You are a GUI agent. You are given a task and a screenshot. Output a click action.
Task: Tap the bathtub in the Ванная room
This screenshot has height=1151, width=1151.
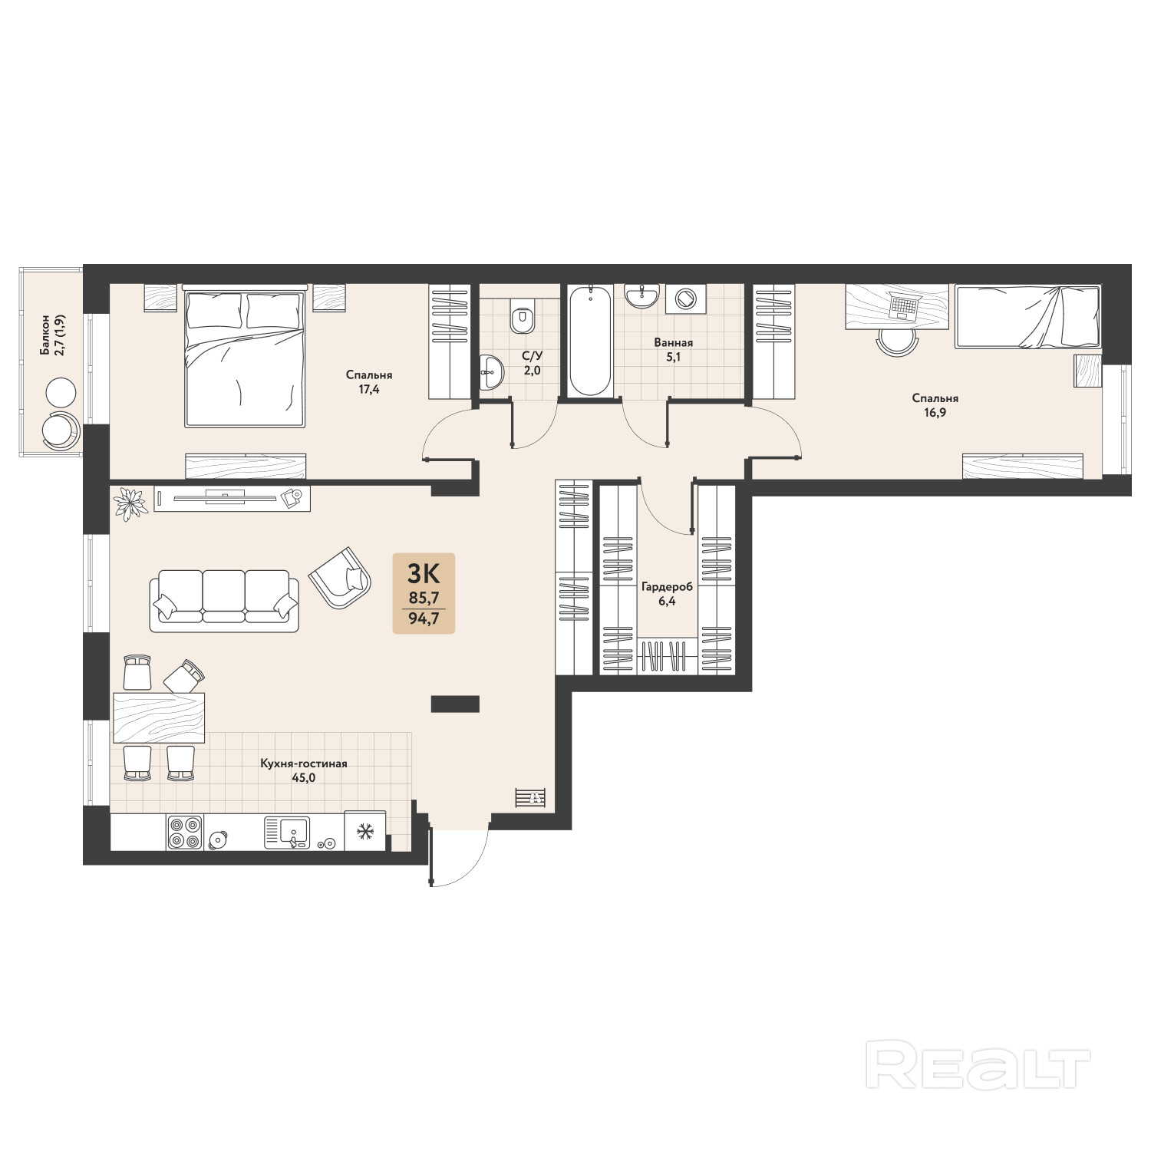coord(590,341)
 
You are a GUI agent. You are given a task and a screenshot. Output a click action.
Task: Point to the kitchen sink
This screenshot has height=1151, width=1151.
coord(287,833)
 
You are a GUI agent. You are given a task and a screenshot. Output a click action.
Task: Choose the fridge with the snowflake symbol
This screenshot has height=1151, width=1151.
coord(365,830)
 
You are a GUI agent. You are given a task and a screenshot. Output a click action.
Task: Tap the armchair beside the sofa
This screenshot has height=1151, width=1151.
coord(340,579)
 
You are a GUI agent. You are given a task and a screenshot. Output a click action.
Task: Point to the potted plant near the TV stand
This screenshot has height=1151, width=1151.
coord(130,503)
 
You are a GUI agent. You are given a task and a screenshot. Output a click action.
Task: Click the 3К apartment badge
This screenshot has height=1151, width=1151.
coord(424,593)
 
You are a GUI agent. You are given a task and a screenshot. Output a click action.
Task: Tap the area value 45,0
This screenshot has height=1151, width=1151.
coord(304,777)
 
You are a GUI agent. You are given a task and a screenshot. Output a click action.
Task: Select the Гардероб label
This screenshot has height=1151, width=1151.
coord(667,587)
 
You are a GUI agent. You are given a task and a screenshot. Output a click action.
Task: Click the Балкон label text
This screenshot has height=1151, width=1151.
coord(46,335)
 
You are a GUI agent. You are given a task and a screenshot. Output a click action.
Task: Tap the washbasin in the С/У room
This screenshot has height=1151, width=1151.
coord(492,373)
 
